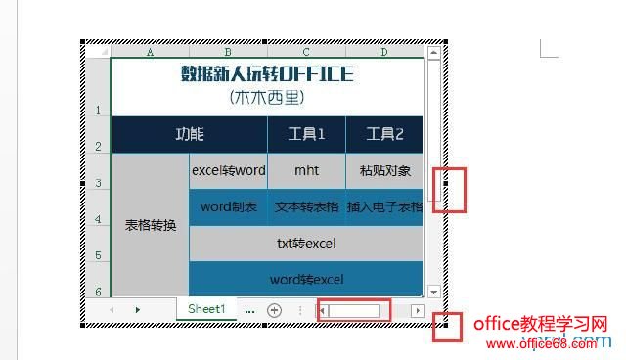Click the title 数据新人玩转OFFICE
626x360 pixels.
click(267, 74)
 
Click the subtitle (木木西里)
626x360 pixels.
click(267, 97)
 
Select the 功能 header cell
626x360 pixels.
click(190, 135)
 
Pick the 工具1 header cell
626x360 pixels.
click(306, 135)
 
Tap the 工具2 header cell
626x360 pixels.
click(383, 135)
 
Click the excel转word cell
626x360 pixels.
click(228, 170)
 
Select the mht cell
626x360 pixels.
click(306, 170)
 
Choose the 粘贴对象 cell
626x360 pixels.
click(384, 170)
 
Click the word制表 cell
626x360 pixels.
click(228, 206)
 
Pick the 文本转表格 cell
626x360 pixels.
click(306, 206)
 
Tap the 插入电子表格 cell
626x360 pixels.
click(384, 206)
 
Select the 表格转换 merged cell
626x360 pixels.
click(151, 225)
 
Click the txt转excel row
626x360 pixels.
click(306, 243)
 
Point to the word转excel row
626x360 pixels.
click(306, 279)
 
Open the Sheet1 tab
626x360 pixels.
click(206, 308)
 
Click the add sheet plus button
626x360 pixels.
click(275, 309)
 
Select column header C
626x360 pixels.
click(306, 52)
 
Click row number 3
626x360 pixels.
click(98, 183)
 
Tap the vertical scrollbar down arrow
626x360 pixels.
click(433, 291)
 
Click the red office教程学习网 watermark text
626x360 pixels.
click(541, 324)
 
